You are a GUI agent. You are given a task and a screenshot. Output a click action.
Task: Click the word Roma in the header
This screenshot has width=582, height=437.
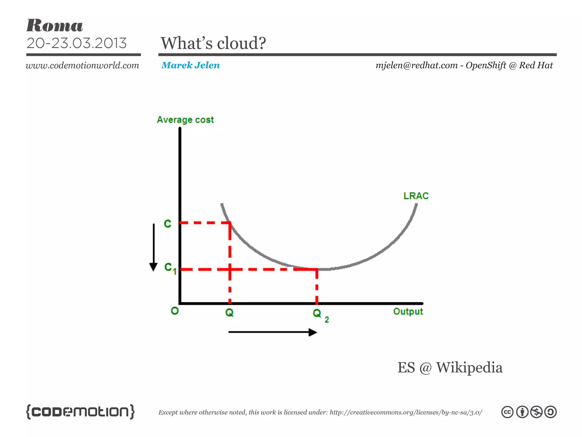(x=55, y=26)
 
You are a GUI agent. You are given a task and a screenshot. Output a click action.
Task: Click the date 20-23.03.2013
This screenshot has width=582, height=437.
(x=76, y=43)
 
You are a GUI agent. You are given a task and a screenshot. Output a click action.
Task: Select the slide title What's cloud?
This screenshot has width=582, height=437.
(x=213, y=43)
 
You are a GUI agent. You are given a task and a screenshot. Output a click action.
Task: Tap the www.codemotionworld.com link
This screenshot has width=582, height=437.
(x=82, y=65)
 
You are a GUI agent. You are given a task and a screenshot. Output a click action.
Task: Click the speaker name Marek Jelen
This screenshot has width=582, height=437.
(x=190, y=65)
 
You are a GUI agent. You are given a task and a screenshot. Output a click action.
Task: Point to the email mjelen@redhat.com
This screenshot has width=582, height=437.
(x=417, y=65)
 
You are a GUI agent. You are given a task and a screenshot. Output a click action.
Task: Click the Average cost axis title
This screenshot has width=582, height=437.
(x=185, y=120)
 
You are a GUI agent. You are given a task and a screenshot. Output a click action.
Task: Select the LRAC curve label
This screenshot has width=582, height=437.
(x=416, y=196)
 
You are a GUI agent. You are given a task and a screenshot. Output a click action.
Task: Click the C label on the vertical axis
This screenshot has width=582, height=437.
(x=168, y=224)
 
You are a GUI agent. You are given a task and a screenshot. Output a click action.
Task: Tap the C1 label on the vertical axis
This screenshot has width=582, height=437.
(x=170, y=268)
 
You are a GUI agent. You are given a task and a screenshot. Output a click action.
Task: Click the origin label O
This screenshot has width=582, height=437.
(x=174, y=311)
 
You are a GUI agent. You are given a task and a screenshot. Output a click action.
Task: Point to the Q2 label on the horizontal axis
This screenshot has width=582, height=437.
(x=320, y=314)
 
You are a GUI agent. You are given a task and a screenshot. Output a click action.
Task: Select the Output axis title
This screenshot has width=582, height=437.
(x=408, y=312)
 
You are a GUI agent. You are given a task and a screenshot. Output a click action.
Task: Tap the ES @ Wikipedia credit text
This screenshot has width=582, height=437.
(x=450, y=367)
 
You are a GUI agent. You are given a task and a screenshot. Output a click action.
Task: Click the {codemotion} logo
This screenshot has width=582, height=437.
(x=80, y=411)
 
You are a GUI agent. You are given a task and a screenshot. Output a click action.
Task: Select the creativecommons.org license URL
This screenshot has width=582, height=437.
(x=406, y=412)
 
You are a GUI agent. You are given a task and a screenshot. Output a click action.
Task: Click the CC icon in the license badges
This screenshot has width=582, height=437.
(x=507, y=412)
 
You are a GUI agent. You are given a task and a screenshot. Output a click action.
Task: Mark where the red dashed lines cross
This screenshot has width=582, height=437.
(x=230, y=269)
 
